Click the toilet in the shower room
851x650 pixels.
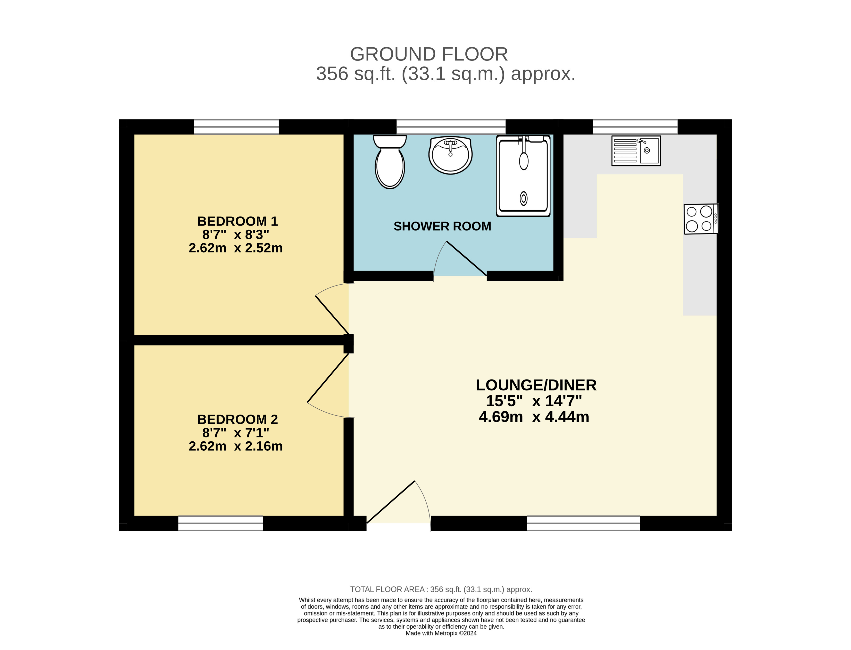pos(390,162)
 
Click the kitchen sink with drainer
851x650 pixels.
pos(636,151)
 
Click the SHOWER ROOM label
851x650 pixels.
pos(442,226)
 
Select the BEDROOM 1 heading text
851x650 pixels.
pos(237,221)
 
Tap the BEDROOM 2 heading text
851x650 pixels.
pos(237,419)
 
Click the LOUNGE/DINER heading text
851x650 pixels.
pos(536,385)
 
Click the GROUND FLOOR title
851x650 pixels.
pos(429,54)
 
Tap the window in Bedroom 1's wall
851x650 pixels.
pos(236,127)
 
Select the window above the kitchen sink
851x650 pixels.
pos(635,127)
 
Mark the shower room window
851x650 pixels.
pos(451,127)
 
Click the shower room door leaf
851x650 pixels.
pos(467,258)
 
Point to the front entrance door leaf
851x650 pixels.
pos(390,502)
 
